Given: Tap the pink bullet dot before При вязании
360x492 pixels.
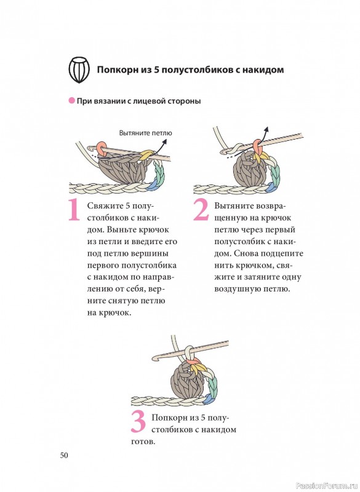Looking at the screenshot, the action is click(x=72, y=101).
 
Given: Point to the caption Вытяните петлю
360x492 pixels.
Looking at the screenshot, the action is click(x=146, y=133).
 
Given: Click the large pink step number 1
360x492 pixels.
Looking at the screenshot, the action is click(x=74, y=209).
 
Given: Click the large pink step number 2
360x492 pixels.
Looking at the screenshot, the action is click(x=201, y=209).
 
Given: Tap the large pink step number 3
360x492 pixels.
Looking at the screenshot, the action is click(x=138, y=421).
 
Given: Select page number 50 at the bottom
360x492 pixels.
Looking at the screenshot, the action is click(x=64, y=455).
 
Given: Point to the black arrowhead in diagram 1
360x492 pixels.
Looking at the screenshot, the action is click(x=164, y=141).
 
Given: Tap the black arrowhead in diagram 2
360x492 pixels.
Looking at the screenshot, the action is click(x=266, y=129).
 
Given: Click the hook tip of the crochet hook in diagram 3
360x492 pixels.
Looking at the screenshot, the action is click(x=156, y=358).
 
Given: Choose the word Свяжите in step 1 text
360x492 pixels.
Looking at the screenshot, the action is click(x=105, y=206).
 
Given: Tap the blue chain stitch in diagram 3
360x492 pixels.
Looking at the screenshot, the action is click(x=208, y=399).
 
